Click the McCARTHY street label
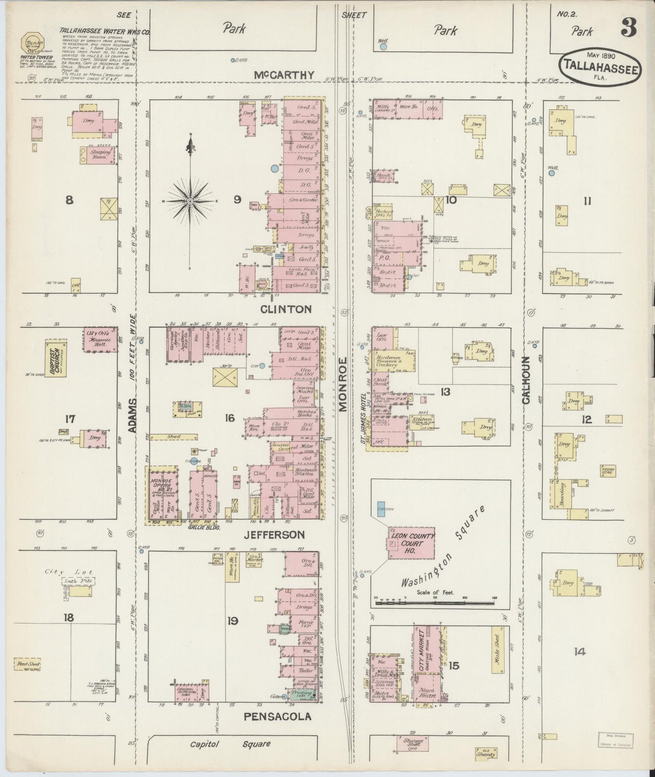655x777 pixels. click(284, 75)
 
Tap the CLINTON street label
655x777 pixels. click(286, 309)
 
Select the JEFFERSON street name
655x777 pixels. click(274, 535)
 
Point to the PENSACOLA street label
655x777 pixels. click(277, 716)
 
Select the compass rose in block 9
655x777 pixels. click(190, 201)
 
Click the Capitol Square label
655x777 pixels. click(230, 744)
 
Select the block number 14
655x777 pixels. click(579, 652)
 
